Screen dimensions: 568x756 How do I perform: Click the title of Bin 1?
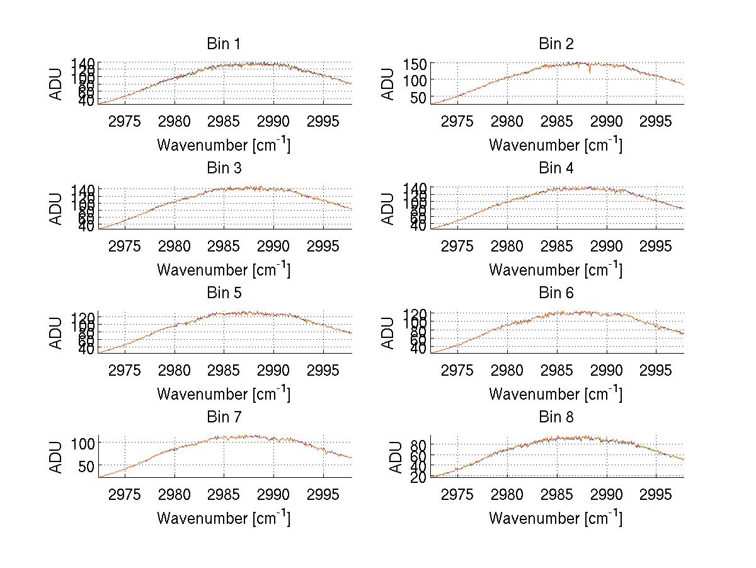(223, 44)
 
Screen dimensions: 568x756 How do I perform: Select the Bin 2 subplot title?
(556, 44)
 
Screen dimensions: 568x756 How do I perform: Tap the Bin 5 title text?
(223, 293)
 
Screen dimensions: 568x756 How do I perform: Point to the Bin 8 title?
(556, 417)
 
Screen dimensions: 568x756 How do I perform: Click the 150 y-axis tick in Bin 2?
(420, 64)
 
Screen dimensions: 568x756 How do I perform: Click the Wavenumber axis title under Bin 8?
(556, 519)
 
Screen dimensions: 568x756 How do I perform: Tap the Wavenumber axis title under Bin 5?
(224, 395)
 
